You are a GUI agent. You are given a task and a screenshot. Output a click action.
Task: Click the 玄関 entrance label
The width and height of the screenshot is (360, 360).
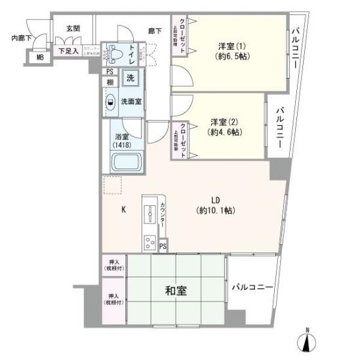click(x=72, y=29)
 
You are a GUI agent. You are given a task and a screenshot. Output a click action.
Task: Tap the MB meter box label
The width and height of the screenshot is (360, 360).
click(x=39, y=58)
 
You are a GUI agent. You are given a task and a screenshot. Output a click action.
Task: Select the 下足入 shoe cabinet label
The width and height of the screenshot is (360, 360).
click(x=68, y=50)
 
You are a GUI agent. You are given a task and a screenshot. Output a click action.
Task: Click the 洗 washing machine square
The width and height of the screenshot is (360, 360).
click(x=131, y=77)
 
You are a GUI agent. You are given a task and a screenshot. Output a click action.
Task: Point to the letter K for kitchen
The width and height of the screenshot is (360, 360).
click(x=123, y=210)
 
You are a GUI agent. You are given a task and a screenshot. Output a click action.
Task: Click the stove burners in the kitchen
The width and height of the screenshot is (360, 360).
click(x=150, y=241)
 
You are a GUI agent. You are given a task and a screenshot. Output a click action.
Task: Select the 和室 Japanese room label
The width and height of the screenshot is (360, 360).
click(x=174, y=289)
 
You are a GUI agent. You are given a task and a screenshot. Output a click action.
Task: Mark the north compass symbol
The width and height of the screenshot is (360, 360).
click(x=306, y=341)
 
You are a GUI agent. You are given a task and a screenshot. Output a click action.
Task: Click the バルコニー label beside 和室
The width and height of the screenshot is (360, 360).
click(x=251, y=287)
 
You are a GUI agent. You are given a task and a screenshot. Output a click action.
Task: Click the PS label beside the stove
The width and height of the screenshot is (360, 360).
click(x=163, y=247)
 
